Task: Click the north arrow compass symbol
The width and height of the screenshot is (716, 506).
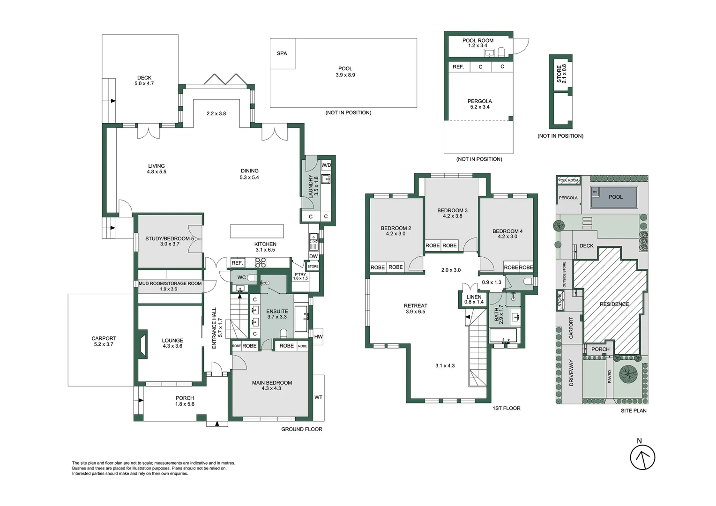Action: tap(642, 457)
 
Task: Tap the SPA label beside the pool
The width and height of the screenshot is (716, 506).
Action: tap(282, 53)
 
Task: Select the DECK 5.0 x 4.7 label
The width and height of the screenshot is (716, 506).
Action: tap(144, 81)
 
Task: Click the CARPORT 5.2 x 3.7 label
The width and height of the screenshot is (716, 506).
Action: tap(104, 341)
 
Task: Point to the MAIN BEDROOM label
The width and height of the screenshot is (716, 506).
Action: tap(272, 385)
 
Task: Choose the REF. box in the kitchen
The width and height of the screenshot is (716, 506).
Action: tap(237, 263)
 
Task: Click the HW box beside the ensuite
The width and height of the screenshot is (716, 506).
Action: tap(318, 337)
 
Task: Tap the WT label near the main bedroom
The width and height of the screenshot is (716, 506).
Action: tap(318, 397)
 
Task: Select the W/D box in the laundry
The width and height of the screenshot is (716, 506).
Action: tap(326, 165)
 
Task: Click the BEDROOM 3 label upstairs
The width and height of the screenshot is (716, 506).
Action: tap(452, 213)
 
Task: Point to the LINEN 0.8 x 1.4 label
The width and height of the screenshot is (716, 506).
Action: tap(474, 299)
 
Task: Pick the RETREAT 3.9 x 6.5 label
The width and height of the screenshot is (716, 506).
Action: tap(415, 308)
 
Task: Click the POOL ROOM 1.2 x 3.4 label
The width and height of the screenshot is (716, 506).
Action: tap(477, 43)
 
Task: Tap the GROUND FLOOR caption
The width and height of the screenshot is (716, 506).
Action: tap(301, 429)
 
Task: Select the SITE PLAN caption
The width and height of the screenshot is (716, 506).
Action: tap(633, 411)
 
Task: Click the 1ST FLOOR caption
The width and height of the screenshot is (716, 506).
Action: tap(506, 409)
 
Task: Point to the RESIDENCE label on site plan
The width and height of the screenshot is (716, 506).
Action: tap(614, 304)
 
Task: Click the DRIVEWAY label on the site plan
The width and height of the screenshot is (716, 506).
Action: tap(571, 372)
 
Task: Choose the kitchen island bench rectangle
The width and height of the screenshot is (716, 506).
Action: tap(257, 231)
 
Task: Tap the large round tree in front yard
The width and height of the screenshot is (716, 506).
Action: tap(628, 374)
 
